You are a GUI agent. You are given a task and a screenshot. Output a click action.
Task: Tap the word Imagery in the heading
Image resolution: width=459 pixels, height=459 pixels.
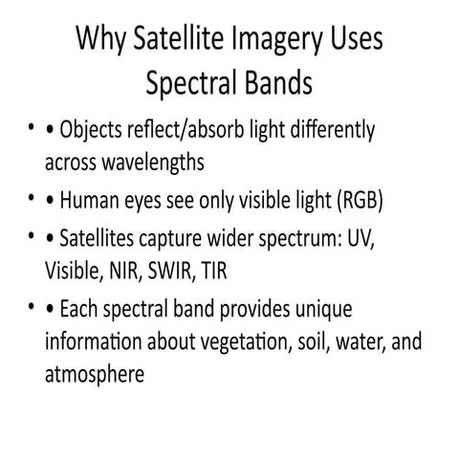[271, 41]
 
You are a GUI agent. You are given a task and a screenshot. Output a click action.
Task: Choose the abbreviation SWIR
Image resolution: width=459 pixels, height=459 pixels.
[174, 271]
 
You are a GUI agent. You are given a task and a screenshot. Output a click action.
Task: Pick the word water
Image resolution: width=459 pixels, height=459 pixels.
[360, 342]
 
